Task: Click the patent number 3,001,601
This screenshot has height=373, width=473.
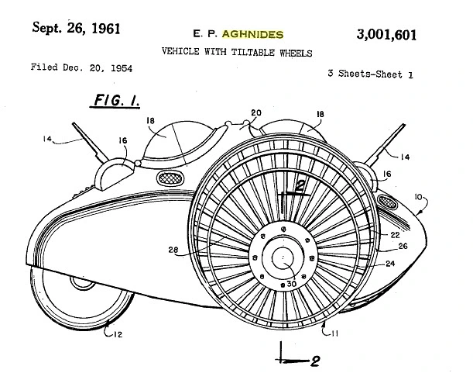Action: (386, 35)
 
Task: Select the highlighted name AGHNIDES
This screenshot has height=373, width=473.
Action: (253, 34)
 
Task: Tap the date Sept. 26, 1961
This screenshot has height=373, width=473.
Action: (77, 28)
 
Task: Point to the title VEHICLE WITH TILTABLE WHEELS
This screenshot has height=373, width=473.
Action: (237, 52)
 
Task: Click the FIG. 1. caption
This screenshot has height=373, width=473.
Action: (116, 100)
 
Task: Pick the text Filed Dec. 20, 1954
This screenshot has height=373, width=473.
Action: (81, 67)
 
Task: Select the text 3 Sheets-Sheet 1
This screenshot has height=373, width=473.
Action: (371, 74)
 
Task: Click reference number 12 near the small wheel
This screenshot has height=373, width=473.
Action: (118, 334)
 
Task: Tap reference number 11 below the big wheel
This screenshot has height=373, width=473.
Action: (334, 333)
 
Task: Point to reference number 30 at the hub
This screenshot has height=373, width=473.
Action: (291, 284)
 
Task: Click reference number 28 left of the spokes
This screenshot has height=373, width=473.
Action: (173, 250)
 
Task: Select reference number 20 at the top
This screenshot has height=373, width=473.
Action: (256, 112)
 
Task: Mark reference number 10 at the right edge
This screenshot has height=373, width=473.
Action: (418, 197)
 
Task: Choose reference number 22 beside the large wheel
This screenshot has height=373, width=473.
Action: (395, 235)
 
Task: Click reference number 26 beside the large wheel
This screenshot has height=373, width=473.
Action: (403, 246)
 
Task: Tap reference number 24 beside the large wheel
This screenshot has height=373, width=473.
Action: (390, 264)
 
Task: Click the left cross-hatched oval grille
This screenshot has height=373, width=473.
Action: (170, 178)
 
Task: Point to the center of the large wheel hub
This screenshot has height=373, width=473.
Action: (283, 257)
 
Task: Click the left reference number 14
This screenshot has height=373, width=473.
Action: (47, 139)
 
